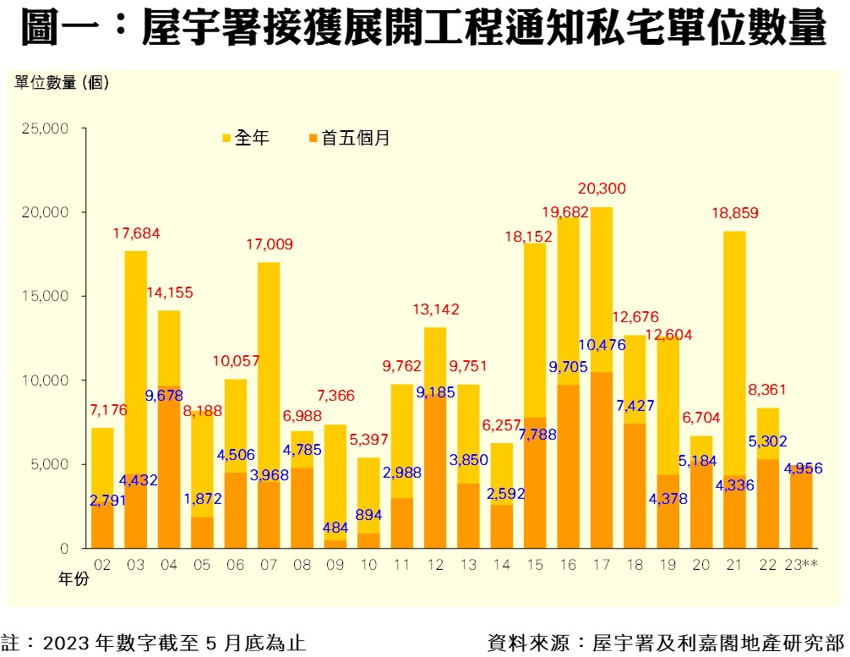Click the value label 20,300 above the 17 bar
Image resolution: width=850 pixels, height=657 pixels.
pos(602,188)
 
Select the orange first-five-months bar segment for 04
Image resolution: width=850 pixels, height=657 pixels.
pos(169,474)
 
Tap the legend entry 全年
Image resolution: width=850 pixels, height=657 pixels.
pos(246,138)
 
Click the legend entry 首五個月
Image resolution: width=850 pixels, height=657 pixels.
pos(349,138)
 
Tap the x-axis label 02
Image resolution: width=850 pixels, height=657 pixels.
pos(103,564)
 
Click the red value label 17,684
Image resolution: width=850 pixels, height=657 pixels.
pos(136,233)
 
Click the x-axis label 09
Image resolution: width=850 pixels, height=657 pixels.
pos(336,564)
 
